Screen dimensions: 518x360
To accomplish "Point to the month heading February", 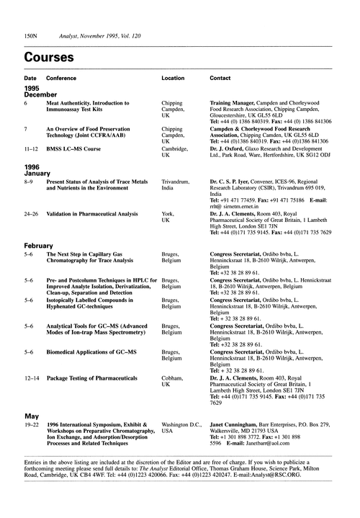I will [40, 246].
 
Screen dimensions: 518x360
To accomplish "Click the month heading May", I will [31, 416].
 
